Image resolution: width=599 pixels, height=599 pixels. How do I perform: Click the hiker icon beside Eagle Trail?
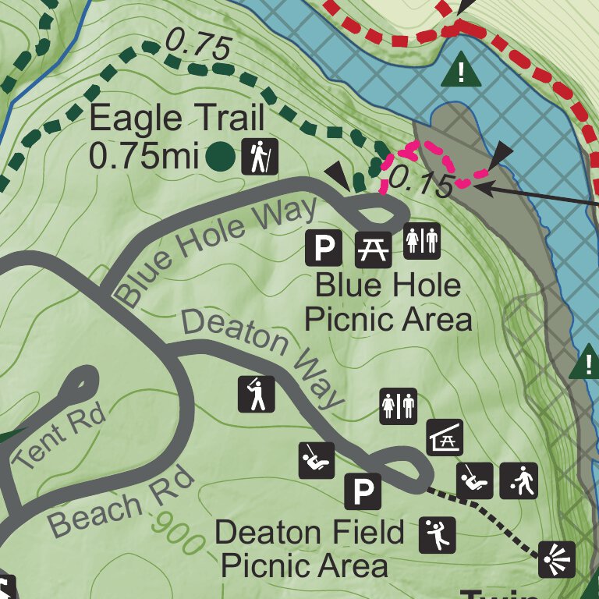pos(259,157)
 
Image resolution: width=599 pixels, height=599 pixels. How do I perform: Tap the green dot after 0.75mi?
pos(221,157)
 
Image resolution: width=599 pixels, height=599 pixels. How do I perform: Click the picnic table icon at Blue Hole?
pos(372,248)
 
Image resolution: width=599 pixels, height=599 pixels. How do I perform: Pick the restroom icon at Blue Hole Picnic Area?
pos(422,241)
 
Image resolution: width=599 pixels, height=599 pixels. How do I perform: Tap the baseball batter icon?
pos(257,394)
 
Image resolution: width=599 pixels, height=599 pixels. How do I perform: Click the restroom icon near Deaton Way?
pos(399,406)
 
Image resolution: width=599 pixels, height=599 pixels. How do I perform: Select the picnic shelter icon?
pos(445,437)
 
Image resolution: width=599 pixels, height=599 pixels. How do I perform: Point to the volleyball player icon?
pos(437,535)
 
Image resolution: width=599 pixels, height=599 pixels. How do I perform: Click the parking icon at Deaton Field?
pos(363,491)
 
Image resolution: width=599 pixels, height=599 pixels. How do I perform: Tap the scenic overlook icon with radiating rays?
pos(557,560)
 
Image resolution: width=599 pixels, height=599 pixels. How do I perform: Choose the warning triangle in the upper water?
pos(460,73)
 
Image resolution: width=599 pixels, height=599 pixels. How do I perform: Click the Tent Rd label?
pos(61,437)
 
